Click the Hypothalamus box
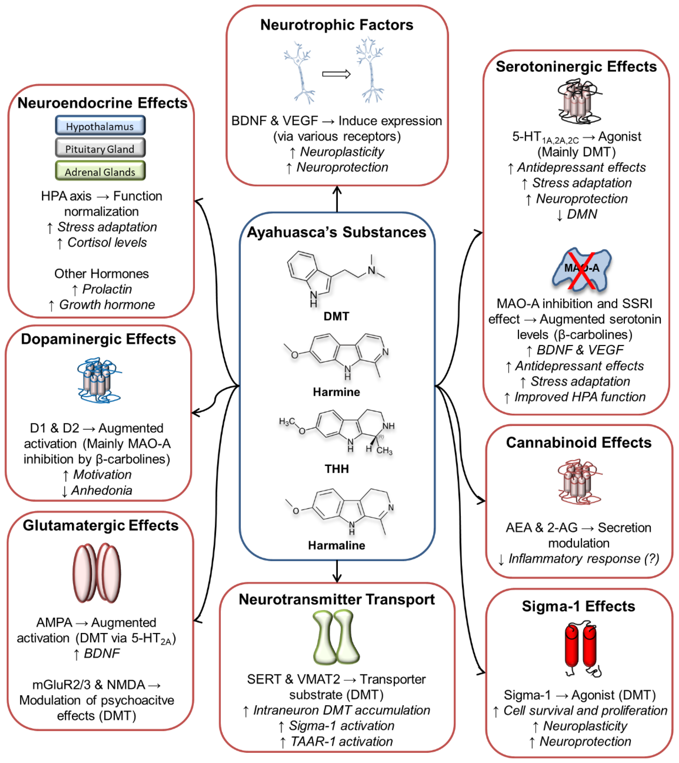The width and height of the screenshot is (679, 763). [x=100, y=126]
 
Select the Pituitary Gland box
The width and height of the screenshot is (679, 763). [x=100, y=148]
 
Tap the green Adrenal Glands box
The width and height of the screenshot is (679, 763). [x=100, y=171]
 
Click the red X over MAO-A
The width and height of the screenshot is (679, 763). [x=581, y=271]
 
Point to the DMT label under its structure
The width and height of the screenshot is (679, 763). [x=336, y=316]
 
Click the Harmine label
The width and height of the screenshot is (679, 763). [x=336, y=392]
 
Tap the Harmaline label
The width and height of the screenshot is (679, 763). [x=336, y=545]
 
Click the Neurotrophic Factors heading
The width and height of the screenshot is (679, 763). [x=337, y=25]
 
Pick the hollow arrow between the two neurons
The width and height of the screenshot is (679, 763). [x=336, y=74]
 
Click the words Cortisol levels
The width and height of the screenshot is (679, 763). [x=107, y=243]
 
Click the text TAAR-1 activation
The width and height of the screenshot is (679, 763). [x=342, y=741]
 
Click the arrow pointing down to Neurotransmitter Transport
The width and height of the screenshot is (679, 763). [x=337, y=571]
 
